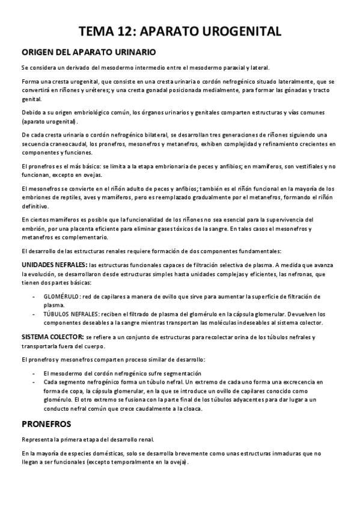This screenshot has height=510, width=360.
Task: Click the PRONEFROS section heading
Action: coord(46,423)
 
